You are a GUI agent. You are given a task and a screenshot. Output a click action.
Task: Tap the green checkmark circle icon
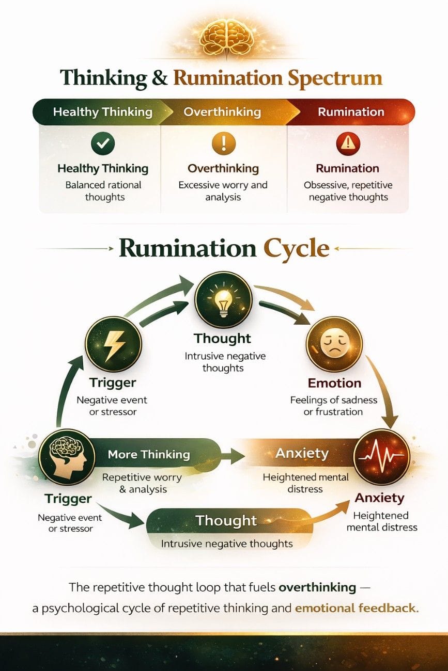point(103,144)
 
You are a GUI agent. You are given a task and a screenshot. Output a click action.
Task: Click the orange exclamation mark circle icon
point(223,143)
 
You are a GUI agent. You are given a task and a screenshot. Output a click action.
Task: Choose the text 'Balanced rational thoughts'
point(103,191)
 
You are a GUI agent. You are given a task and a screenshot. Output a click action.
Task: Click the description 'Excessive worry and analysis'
point(223,191)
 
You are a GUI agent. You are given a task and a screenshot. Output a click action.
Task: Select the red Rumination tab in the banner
point(351,112)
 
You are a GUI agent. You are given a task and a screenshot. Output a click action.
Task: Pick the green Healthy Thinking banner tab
point(103,112)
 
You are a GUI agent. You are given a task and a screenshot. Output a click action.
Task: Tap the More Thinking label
point(149,455)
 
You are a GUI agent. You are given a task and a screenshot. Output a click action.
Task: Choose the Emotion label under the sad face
point(334,384)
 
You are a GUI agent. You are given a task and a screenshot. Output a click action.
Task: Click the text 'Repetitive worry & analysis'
point(142,483)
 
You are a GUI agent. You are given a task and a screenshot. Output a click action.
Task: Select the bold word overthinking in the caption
point(317,587)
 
